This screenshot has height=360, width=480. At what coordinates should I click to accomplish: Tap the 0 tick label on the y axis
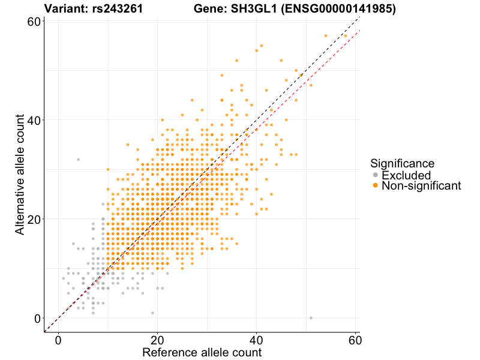[x=37, y=318]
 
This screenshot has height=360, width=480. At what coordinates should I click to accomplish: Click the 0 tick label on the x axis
[x=58, y=340]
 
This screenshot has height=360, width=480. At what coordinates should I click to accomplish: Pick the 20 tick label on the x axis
[x=157, y=340]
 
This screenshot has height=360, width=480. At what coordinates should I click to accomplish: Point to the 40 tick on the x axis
[x=256, y=340]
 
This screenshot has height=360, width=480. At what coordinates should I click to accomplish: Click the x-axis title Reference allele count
[x=202, y=353]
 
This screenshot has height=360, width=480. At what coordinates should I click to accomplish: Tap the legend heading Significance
[x=402, y=163]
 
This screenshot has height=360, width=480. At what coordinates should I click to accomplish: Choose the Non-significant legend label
[x=421, y=186]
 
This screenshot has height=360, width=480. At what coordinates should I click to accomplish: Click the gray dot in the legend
[x=376, y=175]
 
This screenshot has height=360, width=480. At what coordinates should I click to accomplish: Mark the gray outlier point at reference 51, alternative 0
[x=311, y=318]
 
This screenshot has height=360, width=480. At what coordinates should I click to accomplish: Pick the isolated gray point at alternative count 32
[x=78, y=160]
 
